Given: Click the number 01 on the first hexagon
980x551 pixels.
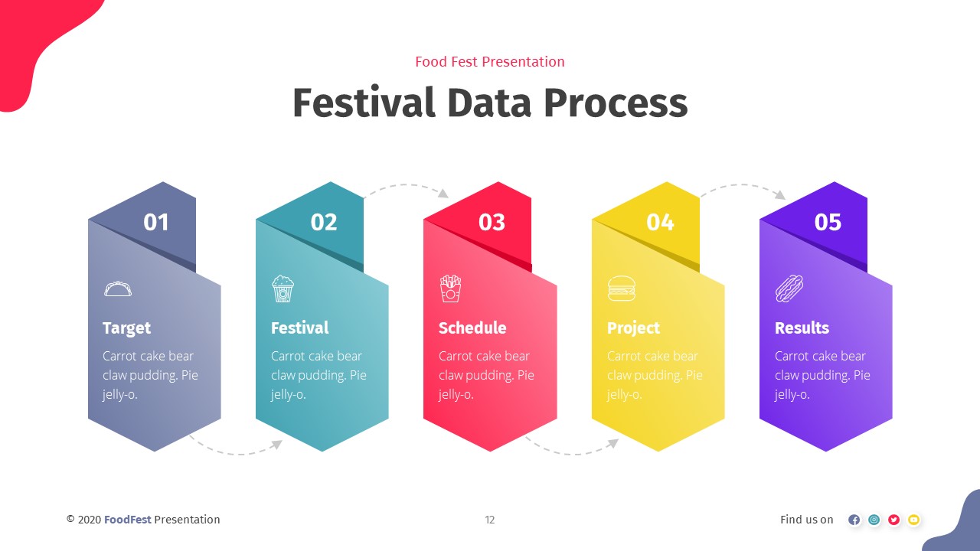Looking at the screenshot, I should click(156, 222).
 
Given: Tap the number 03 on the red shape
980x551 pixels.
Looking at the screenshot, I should click(492, 222).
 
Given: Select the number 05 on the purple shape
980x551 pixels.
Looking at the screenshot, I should click(828, 222).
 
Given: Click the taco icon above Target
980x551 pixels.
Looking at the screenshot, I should click(118, 289).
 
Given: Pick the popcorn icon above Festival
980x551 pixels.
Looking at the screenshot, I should click(283, 289).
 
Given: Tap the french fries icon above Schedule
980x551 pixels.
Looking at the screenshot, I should click(450, 289).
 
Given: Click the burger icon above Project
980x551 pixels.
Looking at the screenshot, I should click(621, 289).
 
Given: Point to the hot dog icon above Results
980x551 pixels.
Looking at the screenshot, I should click(789, 289).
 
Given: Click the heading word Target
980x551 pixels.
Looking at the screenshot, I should click(126, 328).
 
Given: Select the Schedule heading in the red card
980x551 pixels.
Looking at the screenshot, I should click(472, 328).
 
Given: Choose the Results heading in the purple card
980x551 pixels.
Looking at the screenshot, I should click(802, 328).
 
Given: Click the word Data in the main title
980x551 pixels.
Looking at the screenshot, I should click(490, 103).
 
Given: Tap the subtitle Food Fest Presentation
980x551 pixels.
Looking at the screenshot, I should click(490, 62).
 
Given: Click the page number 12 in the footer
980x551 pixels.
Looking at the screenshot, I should click(490, 520).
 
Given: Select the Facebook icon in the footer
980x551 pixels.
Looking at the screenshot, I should click(854, 520).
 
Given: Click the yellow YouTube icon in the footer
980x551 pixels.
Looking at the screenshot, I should click(913, 520).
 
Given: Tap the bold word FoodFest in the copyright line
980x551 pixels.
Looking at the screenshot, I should click(128, 520).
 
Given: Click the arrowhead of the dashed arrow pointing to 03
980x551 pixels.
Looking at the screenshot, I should click(443, 194).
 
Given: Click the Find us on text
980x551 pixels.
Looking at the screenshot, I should click(807, 520).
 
